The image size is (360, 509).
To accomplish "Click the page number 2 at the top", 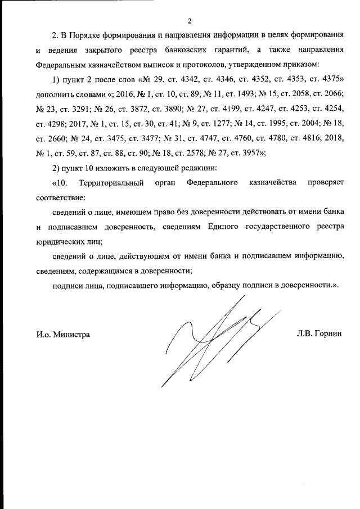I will (x=190, y=21).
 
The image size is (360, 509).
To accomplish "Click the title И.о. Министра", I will (x=64, y=334).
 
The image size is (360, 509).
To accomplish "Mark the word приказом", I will (x=302, y=64).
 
